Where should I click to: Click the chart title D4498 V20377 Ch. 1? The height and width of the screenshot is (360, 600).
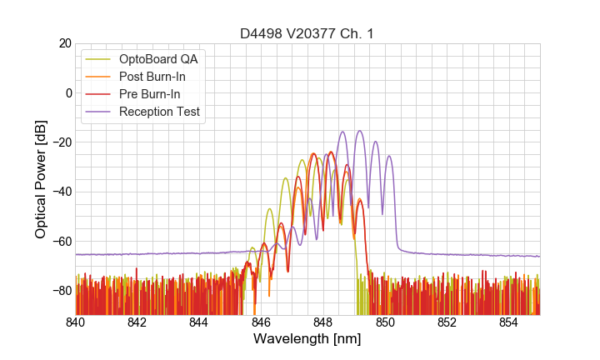pos(307,33)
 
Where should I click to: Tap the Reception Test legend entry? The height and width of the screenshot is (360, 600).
pos(159,112)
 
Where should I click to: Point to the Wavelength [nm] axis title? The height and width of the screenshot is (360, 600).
pos(307,340)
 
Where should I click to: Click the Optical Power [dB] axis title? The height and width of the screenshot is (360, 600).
pos(41,178)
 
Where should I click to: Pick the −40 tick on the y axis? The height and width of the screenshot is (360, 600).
pos(60,192)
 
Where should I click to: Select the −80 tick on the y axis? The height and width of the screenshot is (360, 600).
pos(60,291)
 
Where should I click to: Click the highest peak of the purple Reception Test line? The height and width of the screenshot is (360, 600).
pos(360,131)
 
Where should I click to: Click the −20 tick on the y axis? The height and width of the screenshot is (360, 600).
pos(60,142)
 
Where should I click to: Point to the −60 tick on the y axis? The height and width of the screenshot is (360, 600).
pos(60,242)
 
